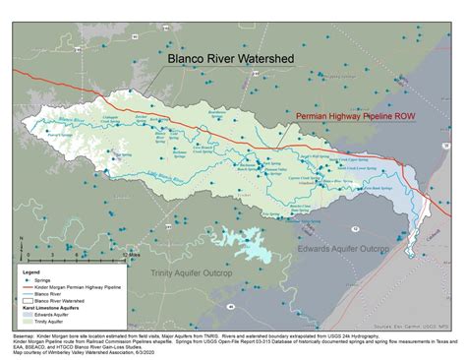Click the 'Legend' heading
(x=31, y=272)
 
